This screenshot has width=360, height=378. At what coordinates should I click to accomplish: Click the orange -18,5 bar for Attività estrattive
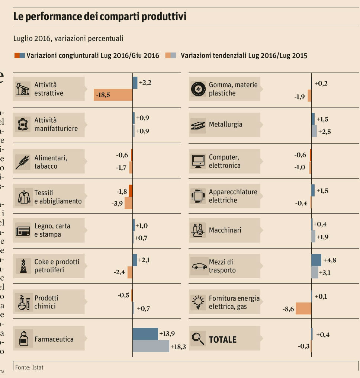click(x=113, y=95)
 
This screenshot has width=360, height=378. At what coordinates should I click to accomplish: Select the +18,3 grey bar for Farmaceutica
click(x=151, y=346)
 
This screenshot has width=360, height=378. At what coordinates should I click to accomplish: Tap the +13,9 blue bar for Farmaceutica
click(x=145, y=334)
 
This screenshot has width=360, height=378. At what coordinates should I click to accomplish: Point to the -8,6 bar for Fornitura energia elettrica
click(x=303, y=308)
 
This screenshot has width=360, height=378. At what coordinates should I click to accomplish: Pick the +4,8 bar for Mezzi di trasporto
click(x=316, y=260)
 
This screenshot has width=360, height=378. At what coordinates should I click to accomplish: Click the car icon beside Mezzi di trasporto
click(x=199, y=266)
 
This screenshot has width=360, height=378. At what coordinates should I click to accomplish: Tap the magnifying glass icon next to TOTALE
click(x=198, y=338)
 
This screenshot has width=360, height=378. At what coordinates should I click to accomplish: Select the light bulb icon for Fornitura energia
click(x=197, y=302)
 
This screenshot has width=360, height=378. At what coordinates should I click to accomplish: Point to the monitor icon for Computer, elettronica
click(x=198, y=161)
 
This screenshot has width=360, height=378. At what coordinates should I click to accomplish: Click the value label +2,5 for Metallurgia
click(x=324, y=132)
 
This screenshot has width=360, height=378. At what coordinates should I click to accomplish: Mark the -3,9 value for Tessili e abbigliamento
click(x=117, y=203)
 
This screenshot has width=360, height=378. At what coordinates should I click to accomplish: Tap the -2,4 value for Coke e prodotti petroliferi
click(x=119, y=272)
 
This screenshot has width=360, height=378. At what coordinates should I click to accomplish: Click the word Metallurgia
click(x=225, y=124)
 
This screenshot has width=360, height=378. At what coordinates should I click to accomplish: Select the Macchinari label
click(x=225, y=230)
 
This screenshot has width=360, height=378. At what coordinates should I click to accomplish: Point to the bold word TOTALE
click(x=222, y=339)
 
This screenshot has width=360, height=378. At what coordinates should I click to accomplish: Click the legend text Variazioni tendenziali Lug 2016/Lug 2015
click(x=244, y=55)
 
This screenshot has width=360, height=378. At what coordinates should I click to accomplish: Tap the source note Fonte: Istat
click(x=29, y=367)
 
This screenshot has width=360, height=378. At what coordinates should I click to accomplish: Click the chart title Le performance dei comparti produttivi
click(x=100, y=17)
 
